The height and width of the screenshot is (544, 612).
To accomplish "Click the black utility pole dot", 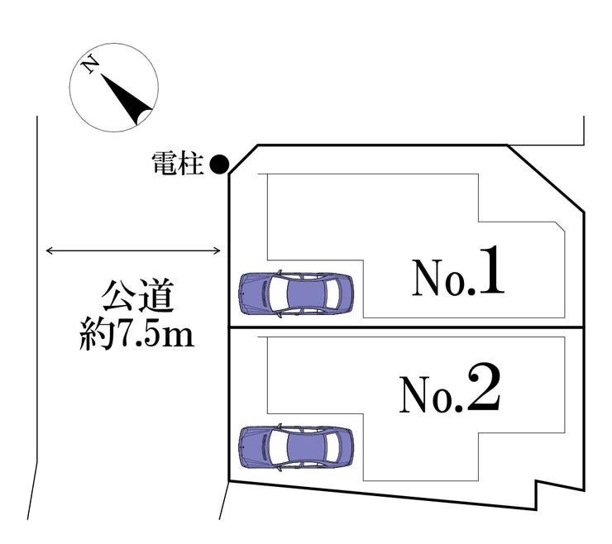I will [x=218, y=165].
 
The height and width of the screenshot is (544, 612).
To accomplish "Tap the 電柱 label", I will [x=178, y=165].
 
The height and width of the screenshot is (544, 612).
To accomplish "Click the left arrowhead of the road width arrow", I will [x=49, y=251].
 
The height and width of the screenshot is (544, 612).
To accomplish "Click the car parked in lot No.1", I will [x=296, y=293].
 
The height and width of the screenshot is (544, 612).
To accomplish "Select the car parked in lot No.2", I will [x=296, y=447].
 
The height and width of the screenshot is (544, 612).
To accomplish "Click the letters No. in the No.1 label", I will [x=439, y=280].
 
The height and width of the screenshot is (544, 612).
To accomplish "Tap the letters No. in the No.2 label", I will [x=431, y=396].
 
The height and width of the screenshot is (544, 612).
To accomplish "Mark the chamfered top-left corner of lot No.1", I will [x=242, y=160].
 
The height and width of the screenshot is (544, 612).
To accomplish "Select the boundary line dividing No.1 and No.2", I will [x=405, y=328].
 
